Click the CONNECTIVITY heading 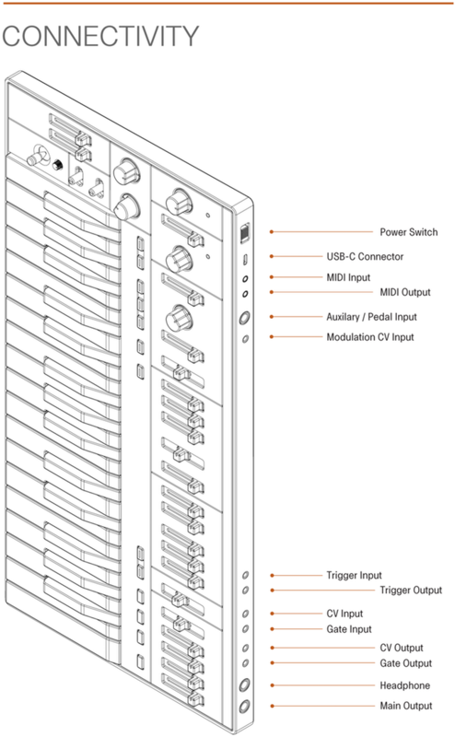point(100,36)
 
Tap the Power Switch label point(408,232)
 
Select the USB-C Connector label point(365,257)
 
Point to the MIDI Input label point(348,277)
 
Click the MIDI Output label point(405,292)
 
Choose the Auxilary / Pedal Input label point(371,317)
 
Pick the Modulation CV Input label point(370,337)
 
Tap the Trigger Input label point(354,575)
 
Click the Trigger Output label point(411,591)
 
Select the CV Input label point(344,614)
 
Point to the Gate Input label point(349,629)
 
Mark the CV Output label point(402,648)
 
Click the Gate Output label point(405,663)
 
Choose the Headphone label point(404,685)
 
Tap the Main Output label point(405,706)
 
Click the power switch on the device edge point(245,234)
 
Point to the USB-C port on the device point(245,259)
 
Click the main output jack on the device point(244,707)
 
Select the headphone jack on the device point(244,685)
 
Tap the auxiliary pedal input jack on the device point(244,318)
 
